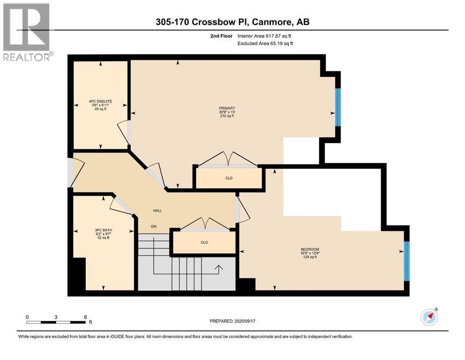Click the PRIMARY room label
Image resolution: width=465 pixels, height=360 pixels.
click(226, 108)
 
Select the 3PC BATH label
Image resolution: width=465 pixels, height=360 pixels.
click(103, 230)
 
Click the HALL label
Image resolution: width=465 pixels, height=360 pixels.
click(157, 210)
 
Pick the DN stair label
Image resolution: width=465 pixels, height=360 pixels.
click(154, 226)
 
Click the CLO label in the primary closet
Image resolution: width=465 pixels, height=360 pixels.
click(229, 178)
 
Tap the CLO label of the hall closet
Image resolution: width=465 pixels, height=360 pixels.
click(204, 242)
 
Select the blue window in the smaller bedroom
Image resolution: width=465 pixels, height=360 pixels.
click(406, 261)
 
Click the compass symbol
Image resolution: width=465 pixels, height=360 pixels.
click(429, 317)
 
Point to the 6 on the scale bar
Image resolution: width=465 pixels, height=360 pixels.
click(85, 317)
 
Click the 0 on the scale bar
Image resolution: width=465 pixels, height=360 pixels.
click(27, 317)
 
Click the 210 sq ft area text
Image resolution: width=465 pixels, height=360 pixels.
click(226, 116)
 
